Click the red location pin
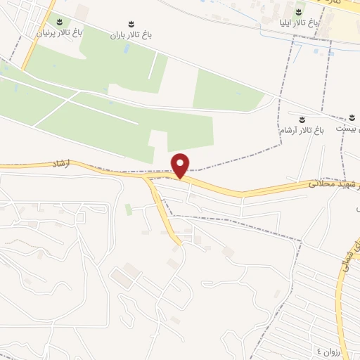181,165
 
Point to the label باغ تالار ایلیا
300,23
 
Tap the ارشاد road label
63,162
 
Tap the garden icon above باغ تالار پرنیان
59,21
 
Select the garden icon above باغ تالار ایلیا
300,11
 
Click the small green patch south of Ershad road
129,209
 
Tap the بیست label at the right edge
350,130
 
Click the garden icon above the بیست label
351,117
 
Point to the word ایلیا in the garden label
288,23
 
